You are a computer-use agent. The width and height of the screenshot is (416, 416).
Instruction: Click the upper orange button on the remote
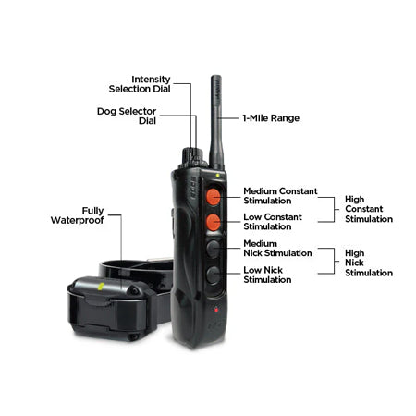click(x=213, y=197)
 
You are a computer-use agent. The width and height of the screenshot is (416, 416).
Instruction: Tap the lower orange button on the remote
click(x=213, y=222)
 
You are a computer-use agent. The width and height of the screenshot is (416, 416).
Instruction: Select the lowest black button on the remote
click(x=213, y=275)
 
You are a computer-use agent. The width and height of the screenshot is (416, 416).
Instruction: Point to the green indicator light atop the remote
click(x=217, y=176)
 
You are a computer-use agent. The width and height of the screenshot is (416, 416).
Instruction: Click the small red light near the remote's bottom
click(x=216, y=310)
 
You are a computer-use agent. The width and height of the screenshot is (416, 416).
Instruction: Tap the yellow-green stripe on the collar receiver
click(x=101, y=287)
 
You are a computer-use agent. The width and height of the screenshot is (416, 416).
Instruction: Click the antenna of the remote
click(x=216, y=122)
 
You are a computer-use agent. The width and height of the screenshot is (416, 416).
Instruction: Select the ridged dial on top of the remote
click(x=193, y=157)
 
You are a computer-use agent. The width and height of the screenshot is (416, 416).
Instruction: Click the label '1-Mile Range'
click(x=271, y=118)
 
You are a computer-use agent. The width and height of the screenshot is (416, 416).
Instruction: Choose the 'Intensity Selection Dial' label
click(x=140, y=84)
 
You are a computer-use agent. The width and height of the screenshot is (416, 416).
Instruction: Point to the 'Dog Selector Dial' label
click(x=127, y=116)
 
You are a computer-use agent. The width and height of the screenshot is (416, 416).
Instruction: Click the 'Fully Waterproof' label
click(x=78, y=215)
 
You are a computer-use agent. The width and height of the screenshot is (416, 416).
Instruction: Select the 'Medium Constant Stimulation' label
click(x=280, y=196)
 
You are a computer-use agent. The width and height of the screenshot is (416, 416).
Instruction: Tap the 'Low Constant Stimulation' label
click(x=273, y=222)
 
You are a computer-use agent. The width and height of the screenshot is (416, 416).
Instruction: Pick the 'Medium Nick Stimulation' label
click(x=277, y=249)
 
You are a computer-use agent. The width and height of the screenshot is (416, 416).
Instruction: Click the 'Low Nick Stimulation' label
click(x=267, y=275)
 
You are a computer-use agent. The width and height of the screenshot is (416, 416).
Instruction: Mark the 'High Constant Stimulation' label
click(x=369, y=209)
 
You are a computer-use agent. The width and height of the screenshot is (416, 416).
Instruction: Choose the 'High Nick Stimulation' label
click(x=369, y=263)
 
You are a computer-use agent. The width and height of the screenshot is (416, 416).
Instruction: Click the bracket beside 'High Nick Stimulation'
click(x=335, y=261)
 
